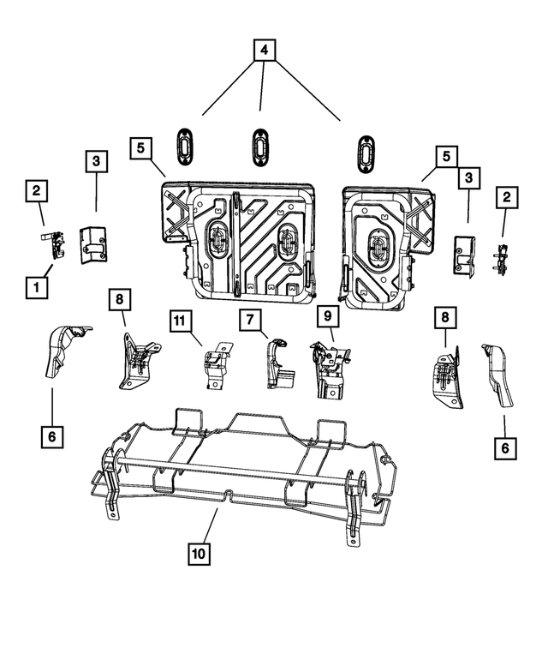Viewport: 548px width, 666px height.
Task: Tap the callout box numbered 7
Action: [249, 321]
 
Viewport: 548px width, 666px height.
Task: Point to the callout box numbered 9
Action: [325, 316]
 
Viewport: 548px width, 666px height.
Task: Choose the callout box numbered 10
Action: [199, 554]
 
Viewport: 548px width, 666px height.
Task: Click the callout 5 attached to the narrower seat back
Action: [444, 158]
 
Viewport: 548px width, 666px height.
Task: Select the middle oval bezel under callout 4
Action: [259, 146]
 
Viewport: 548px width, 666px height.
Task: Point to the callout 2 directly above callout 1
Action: [36, 191]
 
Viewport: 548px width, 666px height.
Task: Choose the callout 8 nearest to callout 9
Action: [444, 317]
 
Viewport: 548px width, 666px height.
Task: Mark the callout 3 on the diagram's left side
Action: [96, 160]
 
